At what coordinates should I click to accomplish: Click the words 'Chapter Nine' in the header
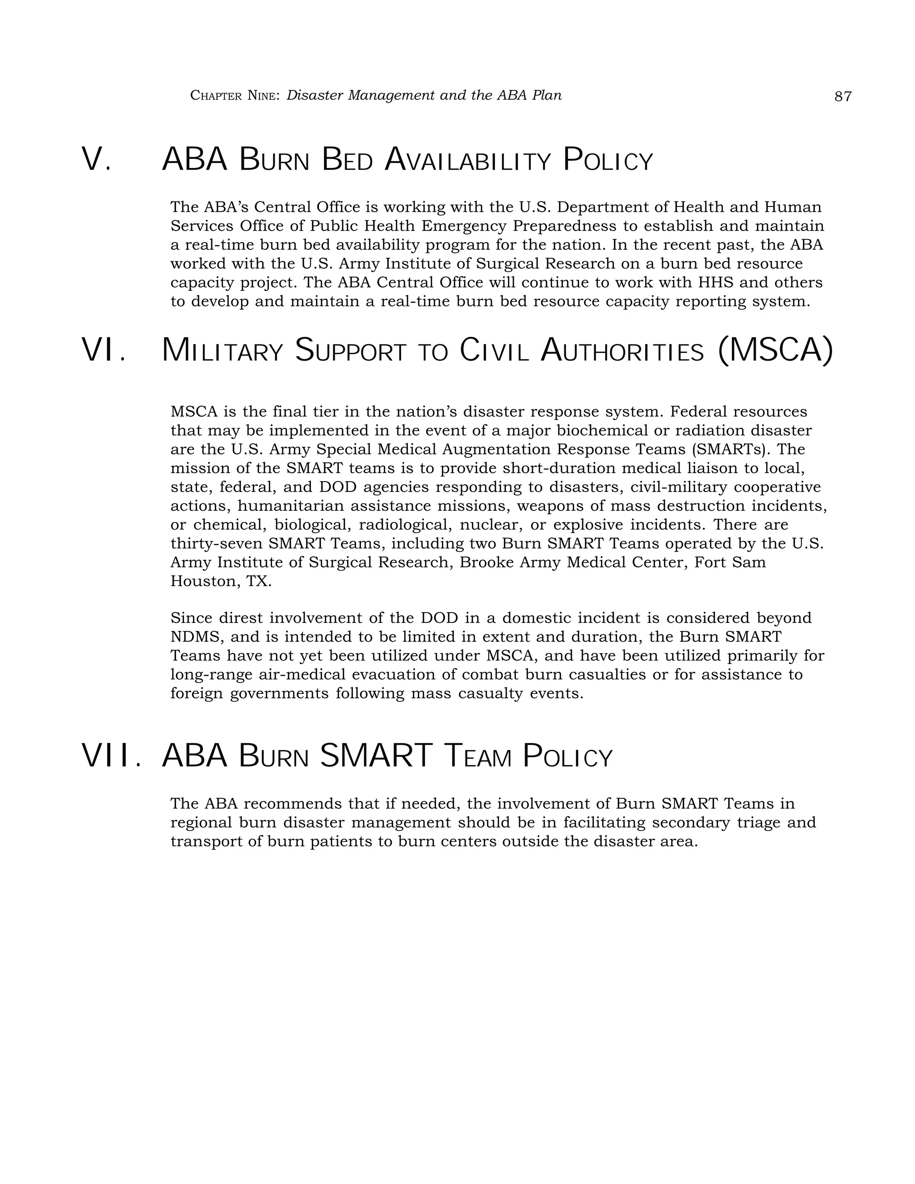pos(234,96)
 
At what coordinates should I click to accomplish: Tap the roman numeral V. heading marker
pos(97,160)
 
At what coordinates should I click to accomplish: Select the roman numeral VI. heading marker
pos(104,350)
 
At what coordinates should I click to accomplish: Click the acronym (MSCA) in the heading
pos(775,350)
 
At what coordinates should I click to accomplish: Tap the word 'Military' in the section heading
pos(222,351)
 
